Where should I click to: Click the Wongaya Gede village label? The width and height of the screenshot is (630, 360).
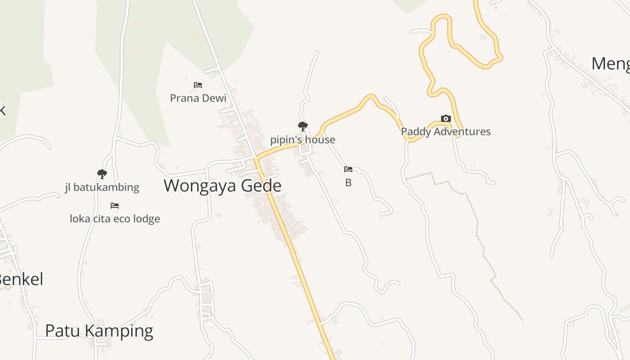click(x=222, y=186)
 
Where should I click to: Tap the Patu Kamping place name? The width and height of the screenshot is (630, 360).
click(x=99, y=331)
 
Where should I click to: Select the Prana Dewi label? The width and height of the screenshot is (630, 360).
click(x=198, y=98)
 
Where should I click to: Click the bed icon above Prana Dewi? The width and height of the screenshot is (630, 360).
click(x=198, y=85)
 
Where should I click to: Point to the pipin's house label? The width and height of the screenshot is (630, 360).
click(x=302, y=140)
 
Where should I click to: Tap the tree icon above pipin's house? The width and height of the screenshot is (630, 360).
click(x=303, y=126)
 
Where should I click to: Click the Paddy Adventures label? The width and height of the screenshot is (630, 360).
click(x=445, y=131)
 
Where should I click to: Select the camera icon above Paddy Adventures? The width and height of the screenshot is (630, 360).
click(x=445, y=119)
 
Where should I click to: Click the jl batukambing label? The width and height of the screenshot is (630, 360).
click(x=102, y=187)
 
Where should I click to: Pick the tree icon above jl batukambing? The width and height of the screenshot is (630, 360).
click(x=102, y=174)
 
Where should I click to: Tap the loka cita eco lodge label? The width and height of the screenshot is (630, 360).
click(x=115, y=219)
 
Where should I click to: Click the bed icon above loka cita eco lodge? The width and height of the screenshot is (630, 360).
click(x=115, y=206)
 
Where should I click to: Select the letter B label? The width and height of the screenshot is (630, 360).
click(x=348, y=183)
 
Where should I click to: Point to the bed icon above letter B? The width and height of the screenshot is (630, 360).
click(x=348, y=169)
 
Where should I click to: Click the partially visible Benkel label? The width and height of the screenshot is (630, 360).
click(x=21, y=279)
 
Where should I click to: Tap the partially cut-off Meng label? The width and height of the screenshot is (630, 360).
click(x=610, y=63)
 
